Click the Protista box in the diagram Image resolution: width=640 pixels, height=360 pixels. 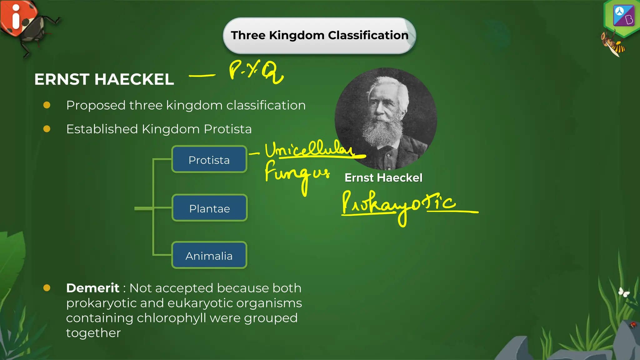click(x=209, y=159)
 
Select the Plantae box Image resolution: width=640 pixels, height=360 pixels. click(x=209, y=208)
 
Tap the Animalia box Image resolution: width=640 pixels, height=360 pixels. click(x=209, y=255)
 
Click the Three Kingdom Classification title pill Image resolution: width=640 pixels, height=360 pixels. click(x=319, y=36)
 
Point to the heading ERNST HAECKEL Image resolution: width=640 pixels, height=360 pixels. click(x=104, y=79)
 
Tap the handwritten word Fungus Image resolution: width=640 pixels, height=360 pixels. click(x=297, y=174)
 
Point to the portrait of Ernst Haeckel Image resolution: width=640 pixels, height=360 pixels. click(x=386, y=119)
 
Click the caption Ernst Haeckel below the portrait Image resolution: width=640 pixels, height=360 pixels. click(x=383, y=178)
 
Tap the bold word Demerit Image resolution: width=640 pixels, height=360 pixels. click(x=92, y=288)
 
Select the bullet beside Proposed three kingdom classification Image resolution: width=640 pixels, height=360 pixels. click(x=47, y=105)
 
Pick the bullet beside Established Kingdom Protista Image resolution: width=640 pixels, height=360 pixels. click(x=47, y=129)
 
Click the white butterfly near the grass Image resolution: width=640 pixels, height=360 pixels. click(x=624, y=292)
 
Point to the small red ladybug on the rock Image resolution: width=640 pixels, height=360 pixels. click(x=633, y=325)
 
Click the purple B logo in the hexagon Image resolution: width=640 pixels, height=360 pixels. click(x=623, y=16)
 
